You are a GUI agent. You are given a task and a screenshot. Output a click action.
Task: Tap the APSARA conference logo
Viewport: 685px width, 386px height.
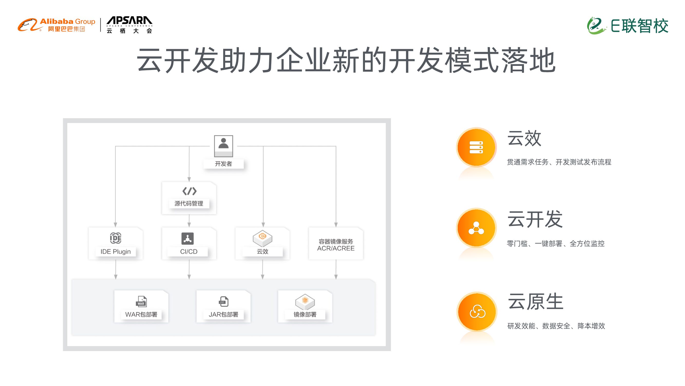[x=129, y=25]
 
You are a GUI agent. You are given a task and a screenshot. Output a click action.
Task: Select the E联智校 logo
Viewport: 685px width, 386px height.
[x=627, y=26]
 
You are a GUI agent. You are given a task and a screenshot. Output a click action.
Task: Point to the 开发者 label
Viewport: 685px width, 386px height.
[x=223, y=164]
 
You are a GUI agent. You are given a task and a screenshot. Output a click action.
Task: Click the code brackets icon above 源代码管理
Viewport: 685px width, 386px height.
[x=189, y=191]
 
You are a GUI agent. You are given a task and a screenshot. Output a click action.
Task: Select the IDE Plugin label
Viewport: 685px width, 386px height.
[x=115, y=251]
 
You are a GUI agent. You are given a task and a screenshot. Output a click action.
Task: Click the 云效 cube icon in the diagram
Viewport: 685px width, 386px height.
[x=262, y=238]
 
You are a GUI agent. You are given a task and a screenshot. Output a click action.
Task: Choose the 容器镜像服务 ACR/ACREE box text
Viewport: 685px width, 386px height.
[x=336, y=245]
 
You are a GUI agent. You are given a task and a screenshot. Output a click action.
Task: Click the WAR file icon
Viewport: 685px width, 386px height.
[x=141, y=301]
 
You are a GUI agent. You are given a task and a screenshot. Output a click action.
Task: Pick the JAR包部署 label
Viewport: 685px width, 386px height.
[x=223, y=314]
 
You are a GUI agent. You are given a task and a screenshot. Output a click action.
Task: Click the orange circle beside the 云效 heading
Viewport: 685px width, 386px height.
[x=476, y=147]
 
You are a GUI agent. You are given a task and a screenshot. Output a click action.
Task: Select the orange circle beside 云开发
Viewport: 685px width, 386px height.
[x=476, y=228]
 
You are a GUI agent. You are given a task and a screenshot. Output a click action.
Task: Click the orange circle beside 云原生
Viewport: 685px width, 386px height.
[x=477, y=312]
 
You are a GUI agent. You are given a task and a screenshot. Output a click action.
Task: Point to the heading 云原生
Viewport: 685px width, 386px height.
[x=535, y=301]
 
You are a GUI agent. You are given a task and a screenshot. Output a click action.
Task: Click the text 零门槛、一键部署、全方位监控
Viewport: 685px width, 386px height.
[x=556, y=243]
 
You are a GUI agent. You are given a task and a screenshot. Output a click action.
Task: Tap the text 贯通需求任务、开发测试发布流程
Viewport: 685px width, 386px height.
[x=559, y=162]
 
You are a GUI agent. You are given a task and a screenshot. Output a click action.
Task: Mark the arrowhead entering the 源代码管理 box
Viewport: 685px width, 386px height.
[x=189, y=179]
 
